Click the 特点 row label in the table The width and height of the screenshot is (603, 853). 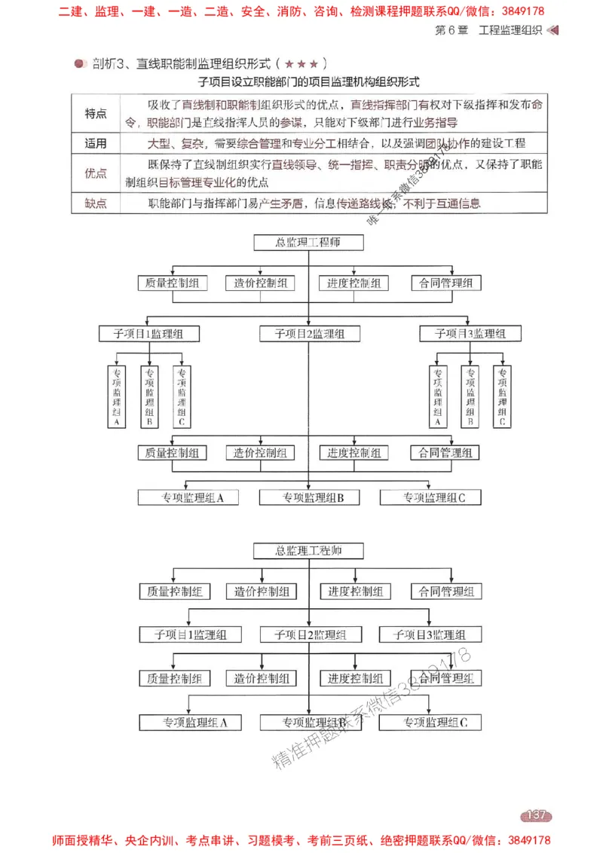tap(96, 114)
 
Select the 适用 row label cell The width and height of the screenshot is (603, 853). tap(96, 143)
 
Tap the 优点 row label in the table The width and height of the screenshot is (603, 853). tap(96, 173)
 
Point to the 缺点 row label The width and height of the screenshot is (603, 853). tap(96, 203)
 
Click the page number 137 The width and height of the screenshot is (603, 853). tap(536, 815)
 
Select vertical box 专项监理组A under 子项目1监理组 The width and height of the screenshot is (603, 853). tap(117, 396)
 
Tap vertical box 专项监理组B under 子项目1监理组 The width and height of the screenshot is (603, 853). tap(149, 396)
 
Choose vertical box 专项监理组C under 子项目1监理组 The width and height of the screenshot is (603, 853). tap(182, 396)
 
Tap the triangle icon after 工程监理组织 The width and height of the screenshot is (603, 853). tap(553, 30)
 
